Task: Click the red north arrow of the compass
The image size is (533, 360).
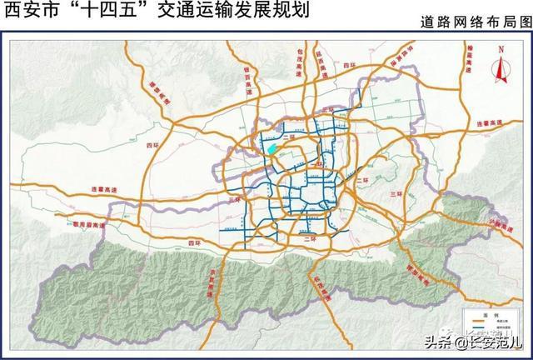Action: point(501,69)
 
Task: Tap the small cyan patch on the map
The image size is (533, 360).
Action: point(271,151)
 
